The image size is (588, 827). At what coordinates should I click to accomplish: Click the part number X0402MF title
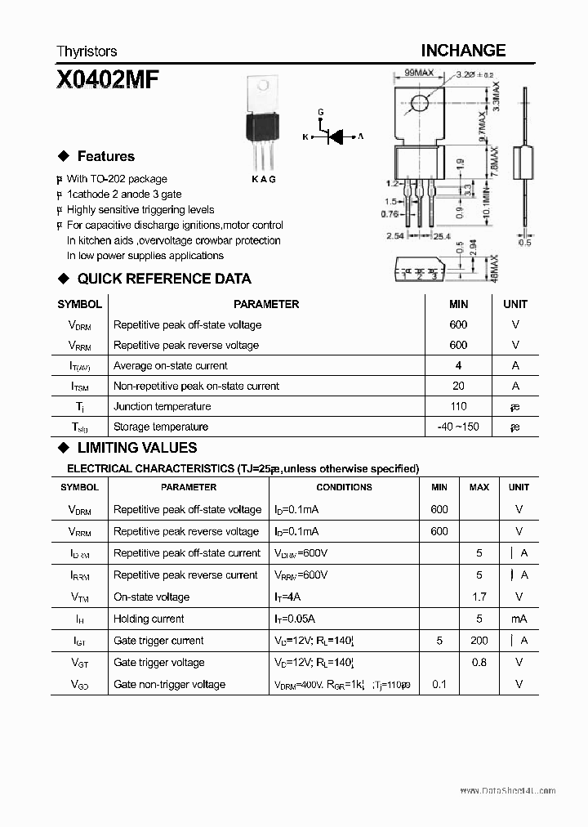108,80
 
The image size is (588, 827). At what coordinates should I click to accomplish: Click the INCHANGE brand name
463,51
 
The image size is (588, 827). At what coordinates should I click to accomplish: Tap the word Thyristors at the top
87,51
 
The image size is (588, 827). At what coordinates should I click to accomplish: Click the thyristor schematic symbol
333,136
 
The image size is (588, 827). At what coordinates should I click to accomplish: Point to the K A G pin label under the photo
263,179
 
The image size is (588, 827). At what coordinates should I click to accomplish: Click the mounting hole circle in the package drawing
420,103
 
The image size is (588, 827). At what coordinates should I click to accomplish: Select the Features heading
105,156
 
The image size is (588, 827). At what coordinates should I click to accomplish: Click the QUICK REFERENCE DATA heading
163,279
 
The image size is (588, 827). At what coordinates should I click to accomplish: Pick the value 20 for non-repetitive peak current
458,386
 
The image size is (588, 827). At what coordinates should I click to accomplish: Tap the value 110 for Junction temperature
458,406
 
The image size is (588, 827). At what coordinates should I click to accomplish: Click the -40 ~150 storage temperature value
458,427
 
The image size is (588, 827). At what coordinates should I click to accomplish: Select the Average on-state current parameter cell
171,365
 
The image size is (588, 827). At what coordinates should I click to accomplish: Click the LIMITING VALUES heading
136,448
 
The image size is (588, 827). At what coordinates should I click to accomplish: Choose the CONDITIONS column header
344,487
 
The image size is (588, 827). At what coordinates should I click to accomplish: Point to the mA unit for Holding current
519,619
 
